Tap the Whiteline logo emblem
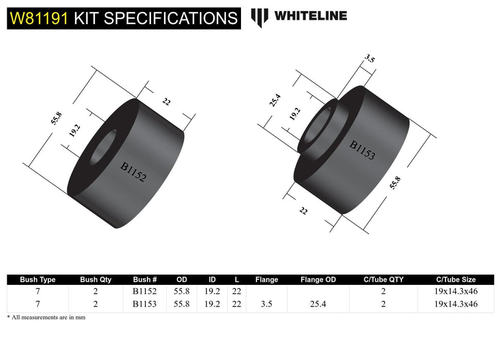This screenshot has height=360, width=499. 259,17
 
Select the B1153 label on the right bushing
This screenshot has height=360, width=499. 362,150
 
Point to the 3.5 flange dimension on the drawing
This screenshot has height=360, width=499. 369,59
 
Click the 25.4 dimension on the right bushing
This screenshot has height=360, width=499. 275,100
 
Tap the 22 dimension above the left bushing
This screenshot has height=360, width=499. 166,101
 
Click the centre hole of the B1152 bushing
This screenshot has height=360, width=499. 103,148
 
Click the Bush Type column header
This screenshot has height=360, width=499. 38,280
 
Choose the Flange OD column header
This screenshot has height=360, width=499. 318,280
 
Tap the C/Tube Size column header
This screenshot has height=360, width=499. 455,280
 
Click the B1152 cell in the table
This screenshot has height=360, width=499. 145,291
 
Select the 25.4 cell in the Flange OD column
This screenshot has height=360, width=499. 318,304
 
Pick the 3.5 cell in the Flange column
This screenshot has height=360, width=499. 266,304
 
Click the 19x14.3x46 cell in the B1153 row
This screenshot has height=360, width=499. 455,304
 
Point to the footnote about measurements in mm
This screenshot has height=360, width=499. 46,317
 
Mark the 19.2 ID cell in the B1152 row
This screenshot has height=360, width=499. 212,291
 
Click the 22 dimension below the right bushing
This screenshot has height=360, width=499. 303,210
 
